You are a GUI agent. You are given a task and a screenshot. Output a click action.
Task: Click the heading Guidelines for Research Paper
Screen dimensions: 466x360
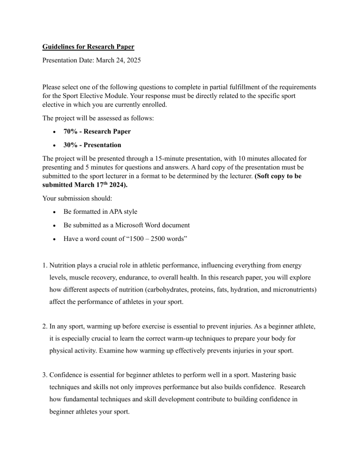pyautogui.click(x=88, y=47)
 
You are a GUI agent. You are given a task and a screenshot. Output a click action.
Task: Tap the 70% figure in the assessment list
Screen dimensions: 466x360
pyautogui.click(x=70, y=132)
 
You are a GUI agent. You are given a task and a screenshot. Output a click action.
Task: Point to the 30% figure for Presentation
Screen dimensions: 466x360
pyautogui.click(x=70, y=145)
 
